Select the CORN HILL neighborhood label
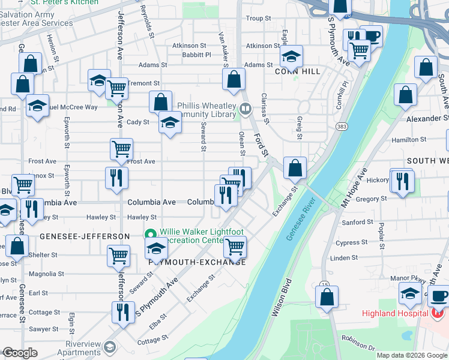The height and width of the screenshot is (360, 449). pos(294,71)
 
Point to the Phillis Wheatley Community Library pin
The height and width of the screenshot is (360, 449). pos(245,109)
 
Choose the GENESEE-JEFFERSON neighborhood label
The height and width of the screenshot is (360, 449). pos(84,236)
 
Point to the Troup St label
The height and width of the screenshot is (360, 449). pos(259,19)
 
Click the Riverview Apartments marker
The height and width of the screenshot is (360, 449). pos(110,347)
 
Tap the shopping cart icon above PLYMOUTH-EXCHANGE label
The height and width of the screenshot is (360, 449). pos(235,246)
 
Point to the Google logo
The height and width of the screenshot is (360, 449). pos(20,353)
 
